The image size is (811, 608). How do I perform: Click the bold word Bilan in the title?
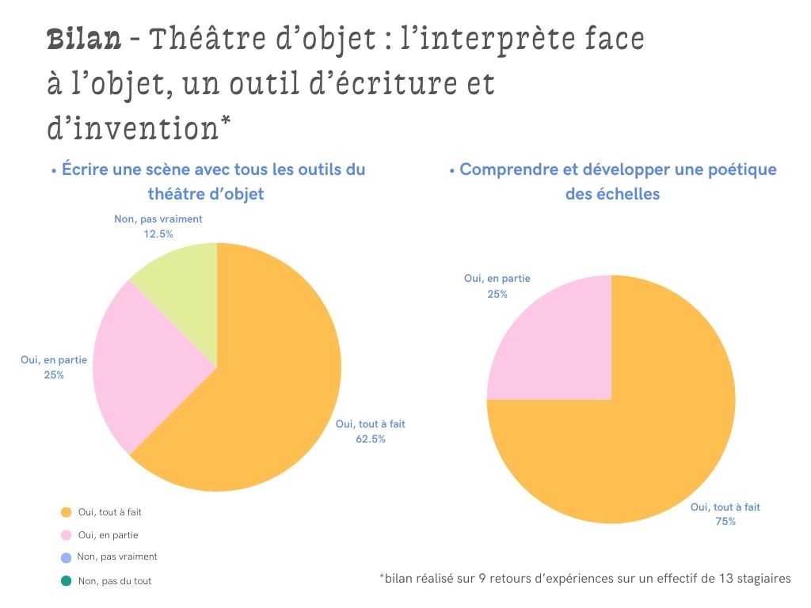pos(84,38)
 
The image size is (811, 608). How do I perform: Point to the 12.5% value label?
pos(158,234)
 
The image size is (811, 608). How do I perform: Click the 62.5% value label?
pos(370,439)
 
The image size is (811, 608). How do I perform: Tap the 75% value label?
pos(725,521)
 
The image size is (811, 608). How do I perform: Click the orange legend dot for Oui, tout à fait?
pos(66,512)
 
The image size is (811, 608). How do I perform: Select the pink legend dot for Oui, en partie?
pos(66,535)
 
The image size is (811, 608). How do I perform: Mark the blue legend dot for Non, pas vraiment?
pos(66,557)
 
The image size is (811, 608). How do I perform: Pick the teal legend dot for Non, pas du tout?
pos(66,580)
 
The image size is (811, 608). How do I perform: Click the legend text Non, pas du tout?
pos(115,581)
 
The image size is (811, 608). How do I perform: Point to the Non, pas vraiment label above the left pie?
pos(158,218)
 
